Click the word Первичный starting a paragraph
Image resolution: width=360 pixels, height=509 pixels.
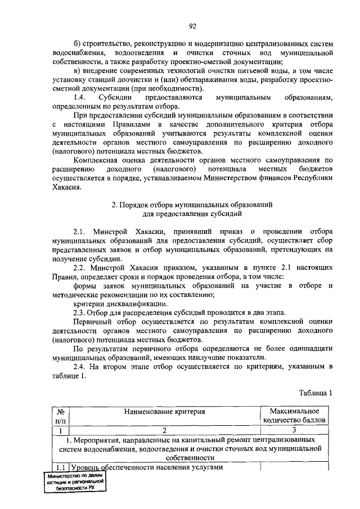point(93,322)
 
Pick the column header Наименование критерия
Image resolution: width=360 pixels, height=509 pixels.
point(165,412)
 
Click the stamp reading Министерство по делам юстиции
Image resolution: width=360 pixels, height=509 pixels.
point(76,482)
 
